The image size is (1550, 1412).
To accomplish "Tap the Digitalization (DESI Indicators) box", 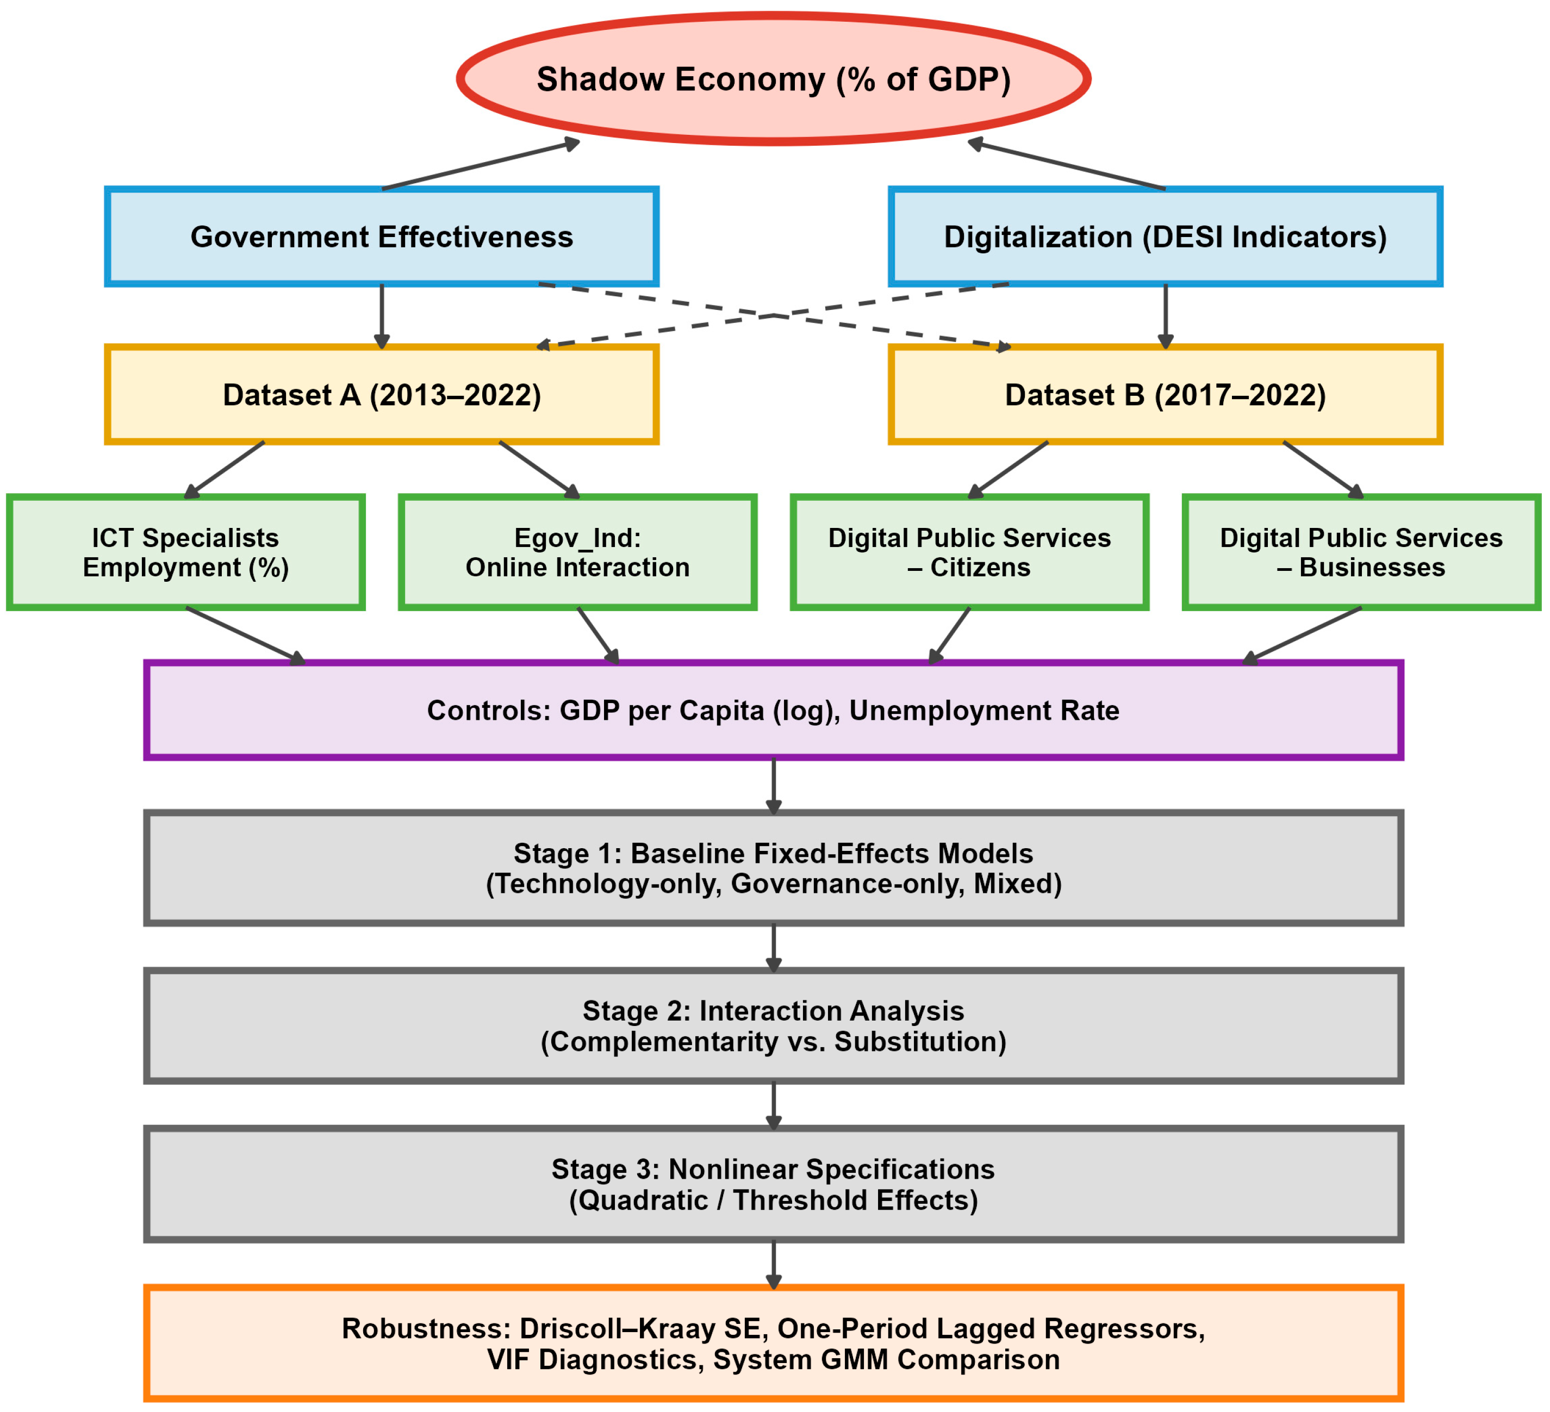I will coord(1166,237).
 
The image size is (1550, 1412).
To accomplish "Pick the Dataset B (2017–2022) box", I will coord(1166,395).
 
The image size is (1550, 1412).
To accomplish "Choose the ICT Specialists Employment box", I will coord(185,552).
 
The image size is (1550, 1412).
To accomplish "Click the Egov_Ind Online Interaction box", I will coord(577,552).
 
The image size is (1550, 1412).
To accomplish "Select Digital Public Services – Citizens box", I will coord(969,552).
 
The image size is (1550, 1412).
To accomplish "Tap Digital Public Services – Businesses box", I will coord(1362,552).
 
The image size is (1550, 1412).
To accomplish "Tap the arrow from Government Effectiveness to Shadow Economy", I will coord(481,165).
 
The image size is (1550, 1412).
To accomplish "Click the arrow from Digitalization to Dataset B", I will coord(1166,315).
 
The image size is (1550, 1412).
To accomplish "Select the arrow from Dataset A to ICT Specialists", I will coord(225,469).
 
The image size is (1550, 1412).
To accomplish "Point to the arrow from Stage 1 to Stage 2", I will coord(774,948).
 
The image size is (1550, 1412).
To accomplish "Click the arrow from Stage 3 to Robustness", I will coord(774,1264).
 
